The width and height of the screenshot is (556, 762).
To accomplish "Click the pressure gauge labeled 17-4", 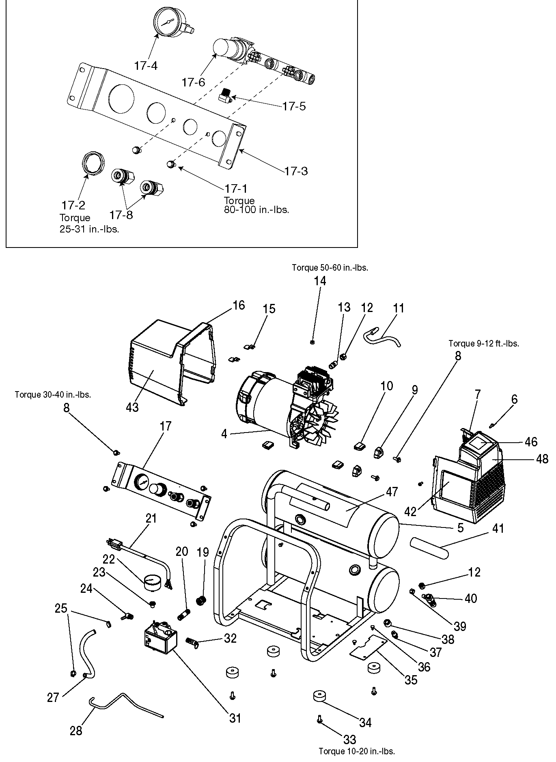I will pos(167,22).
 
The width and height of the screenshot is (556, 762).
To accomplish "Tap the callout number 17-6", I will pos(193,82).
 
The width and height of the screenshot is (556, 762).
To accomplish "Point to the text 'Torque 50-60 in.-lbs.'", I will pos(330,267).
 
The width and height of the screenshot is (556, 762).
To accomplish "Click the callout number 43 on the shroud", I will pos(133,407).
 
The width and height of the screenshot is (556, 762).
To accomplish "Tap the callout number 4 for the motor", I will pos(224,434).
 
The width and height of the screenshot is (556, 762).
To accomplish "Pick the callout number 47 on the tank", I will pos(392,492).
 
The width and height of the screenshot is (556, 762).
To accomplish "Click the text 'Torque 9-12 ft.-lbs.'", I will pos(483,343).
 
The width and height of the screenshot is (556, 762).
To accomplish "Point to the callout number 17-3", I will pos(296,171).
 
